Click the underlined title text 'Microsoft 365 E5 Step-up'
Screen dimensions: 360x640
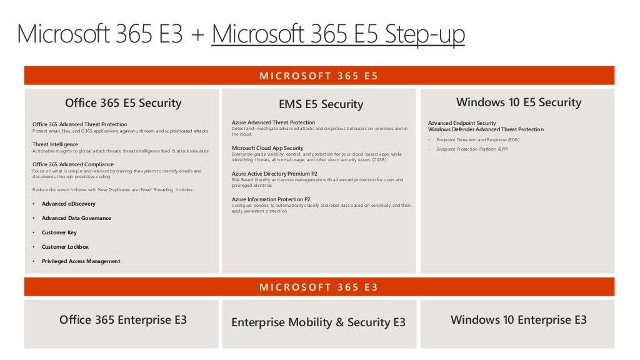(338, 34)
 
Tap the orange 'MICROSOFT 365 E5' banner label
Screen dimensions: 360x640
(319, 76)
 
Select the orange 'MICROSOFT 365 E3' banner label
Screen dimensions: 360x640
(319, 287)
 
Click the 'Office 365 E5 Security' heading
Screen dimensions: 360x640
(123, 103)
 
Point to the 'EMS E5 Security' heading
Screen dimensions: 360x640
(321, 104)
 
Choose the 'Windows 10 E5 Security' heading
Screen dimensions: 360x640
(519, 102)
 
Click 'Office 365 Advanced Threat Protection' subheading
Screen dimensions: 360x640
(79, 124)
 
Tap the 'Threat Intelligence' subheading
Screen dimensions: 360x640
(56, 144)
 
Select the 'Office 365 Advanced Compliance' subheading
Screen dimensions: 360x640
(73, 164)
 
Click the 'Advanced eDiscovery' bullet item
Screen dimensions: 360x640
(69, 204)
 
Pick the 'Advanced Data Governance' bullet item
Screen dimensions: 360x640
(76, 218)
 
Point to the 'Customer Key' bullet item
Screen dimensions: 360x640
(59, 232)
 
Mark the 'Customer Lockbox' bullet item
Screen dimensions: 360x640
(65, 247)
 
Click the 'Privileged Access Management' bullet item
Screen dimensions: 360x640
(81, 261)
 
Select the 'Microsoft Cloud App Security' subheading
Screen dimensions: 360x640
(267, 148)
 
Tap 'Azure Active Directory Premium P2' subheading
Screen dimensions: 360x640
(274, 174)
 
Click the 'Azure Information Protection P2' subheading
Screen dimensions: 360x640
(271, 199)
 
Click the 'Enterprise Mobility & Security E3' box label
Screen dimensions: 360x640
(318, 322)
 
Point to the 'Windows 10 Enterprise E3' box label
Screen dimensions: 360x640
(519, 320)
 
